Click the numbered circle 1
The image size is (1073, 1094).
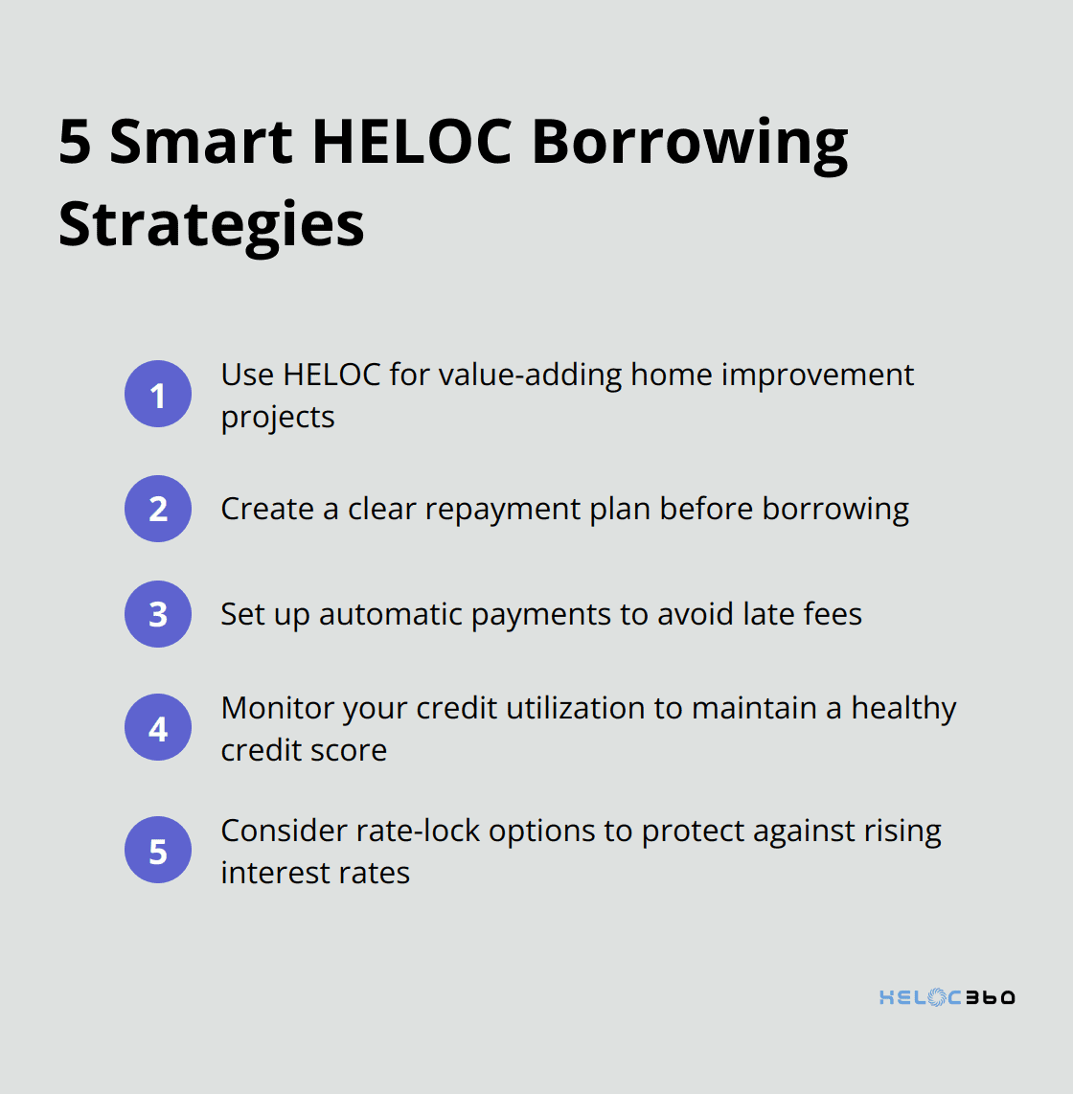[158, 394]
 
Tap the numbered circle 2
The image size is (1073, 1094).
[158, 509]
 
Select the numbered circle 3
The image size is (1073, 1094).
[158, 614]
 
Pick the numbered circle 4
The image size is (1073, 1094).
[158, 727]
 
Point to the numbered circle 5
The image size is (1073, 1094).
[158, 850]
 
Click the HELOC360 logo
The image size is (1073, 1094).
[947, 997]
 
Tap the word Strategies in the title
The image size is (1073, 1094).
[211, 225]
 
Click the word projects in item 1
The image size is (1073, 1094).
[278, 418]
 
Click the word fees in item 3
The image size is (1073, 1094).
[833, 614]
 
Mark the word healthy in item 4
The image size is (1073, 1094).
[903, 708]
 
